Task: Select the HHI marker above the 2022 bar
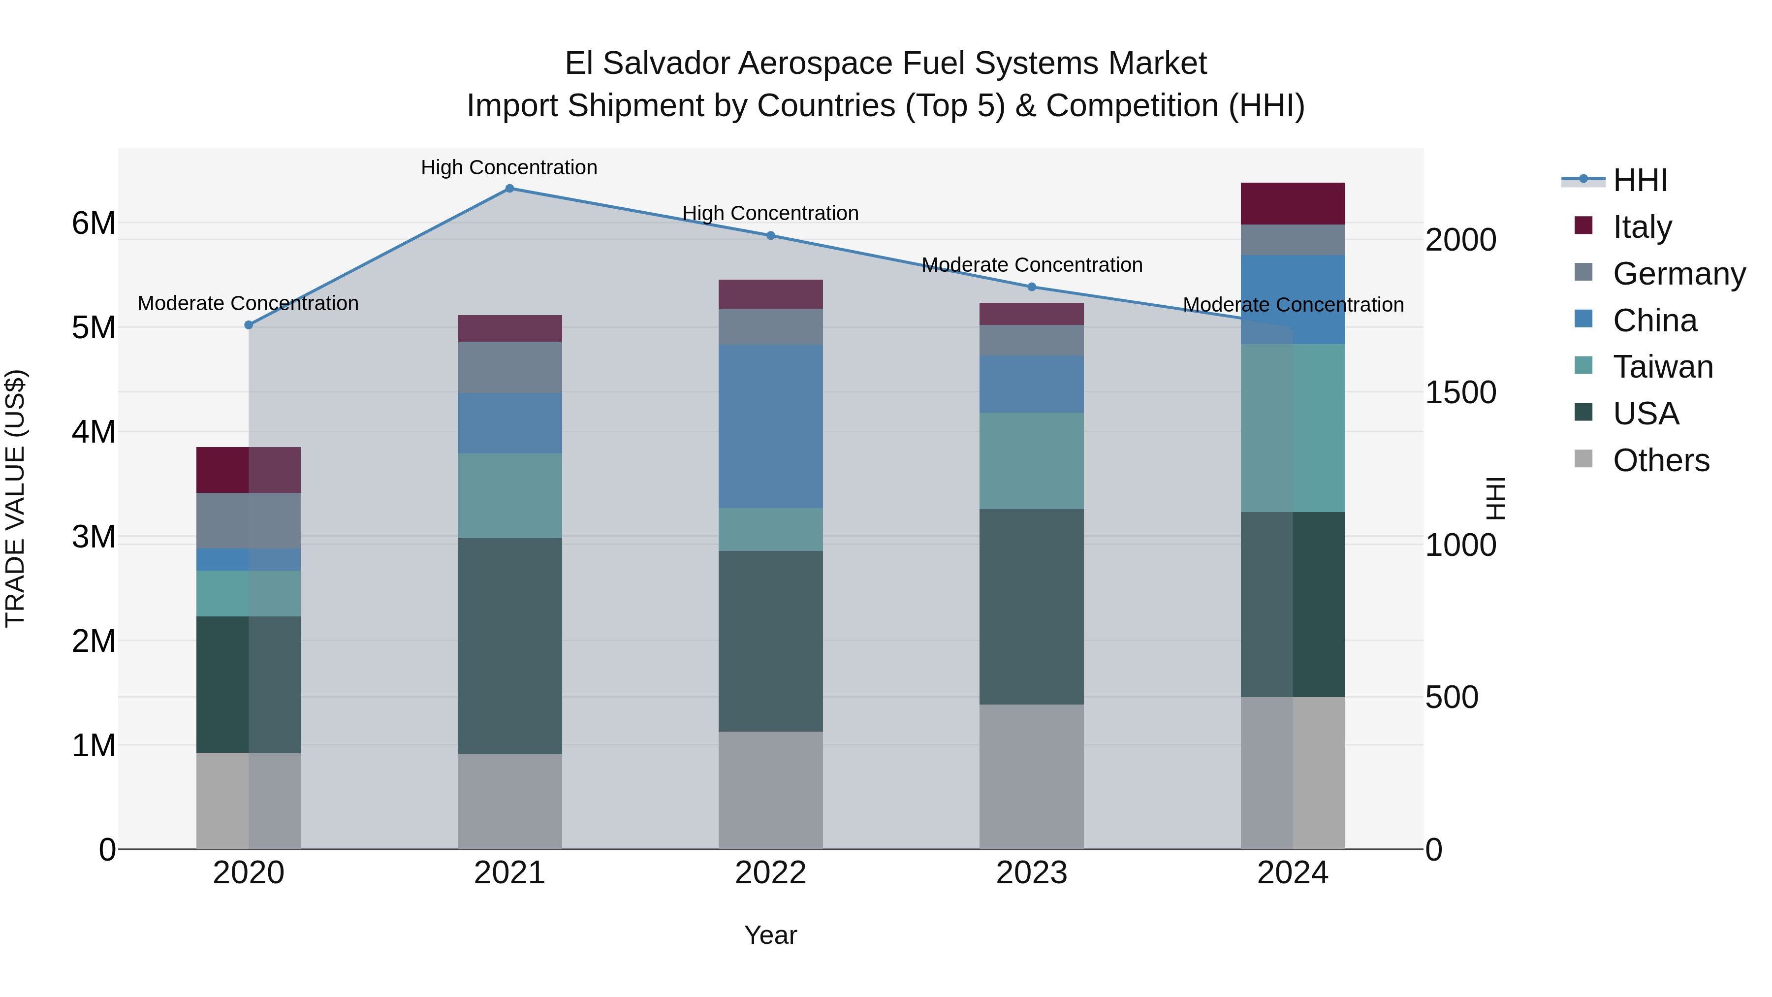[x=770, y=235]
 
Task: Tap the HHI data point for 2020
[x=249, y=325]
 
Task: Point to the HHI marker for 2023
[x=1032, y=287]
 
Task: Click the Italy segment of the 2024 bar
[x=1293, y=204]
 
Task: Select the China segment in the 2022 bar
[x=770, y=426]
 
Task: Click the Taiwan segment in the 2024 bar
[x=1293, y=428]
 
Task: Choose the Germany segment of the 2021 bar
[x=510, y=367]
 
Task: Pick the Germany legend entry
[x=1678, y=274]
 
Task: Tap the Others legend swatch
[x=1583, y=459]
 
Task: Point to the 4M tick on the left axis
[x=94, y=432]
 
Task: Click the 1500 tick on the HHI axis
[x=1460, y=393]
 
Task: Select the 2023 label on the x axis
[x=1032, y=873]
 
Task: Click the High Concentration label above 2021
[x=509, y=167]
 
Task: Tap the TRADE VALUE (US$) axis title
[x=15, y=498]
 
